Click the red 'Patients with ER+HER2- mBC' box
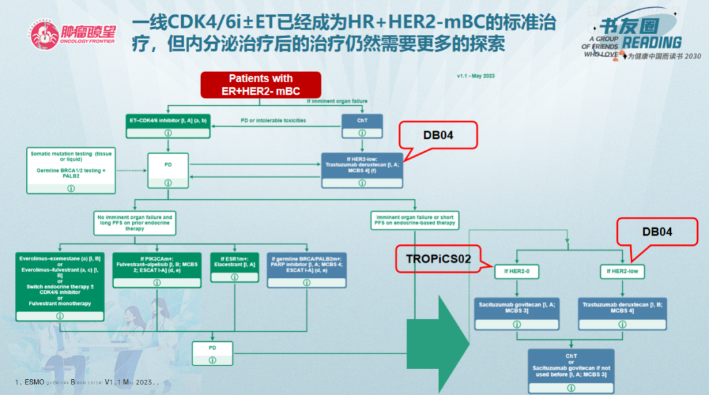[x=261, y=85]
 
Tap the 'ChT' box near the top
[x=361, y=121]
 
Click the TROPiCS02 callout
[x=439, y=259]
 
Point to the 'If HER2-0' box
[x=517, y=271]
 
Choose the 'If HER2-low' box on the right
[x=623, y=271]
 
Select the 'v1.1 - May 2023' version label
[x=475, y=76]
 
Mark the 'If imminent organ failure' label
[x=337, y=101]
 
